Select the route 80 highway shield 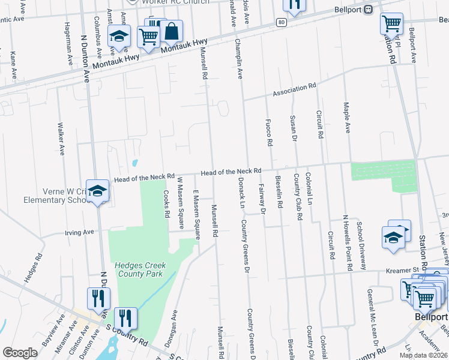tap(282, 22)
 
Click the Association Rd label tap(294, 90)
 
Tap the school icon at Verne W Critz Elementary tap(97, 191)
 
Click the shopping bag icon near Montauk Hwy tap(172, 31)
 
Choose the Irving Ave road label tap(80, 232)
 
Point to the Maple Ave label tap(346, 117)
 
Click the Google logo tap(20, 353)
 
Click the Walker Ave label tap(60, 139)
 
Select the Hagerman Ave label tap(67, 40)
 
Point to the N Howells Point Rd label tap(346, 241)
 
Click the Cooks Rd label tap(166, 204)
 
